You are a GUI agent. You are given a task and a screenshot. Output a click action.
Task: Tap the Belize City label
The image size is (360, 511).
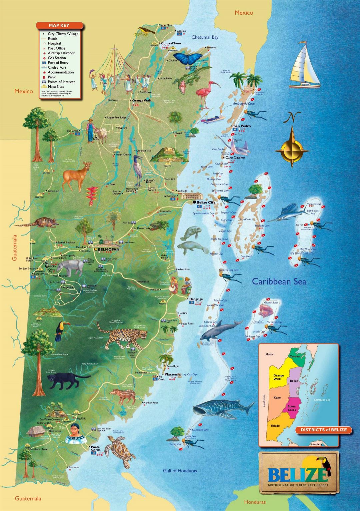point(206,202)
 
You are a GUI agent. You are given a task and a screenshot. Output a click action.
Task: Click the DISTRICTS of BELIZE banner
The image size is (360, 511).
point(323,430)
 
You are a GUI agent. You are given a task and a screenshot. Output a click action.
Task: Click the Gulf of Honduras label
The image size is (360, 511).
point(180,471)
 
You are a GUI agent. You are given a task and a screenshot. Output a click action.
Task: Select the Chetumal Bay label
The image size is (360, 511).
point(205,37)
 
